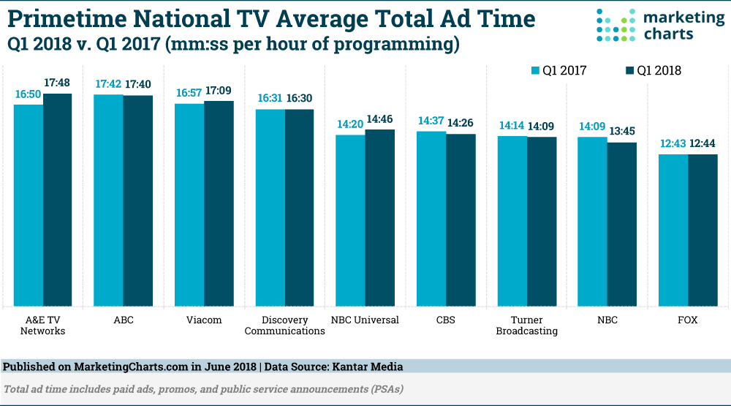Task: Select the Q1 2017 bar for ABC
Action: (x=108, y=200)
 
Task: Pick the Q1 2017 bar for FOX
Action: (x=673, y=230)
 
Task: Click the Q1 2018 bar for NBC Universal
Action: (x=380, y=217)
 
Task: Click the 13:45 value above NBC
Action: (x=622, y=132)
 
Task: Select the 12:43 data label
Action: (x=673, y=144)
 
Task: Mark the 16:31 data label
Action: (x=269, y=99)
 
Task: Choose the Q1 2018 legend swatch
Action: (x=630, y=71)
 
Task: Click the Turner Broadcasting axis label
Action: (x=526, y=326)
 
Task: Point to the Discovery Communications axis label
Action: (x=284, y=326)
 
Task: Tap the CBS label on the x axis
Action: (x=446, y=320)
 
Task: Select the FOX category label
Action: (x=688, y=320)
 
